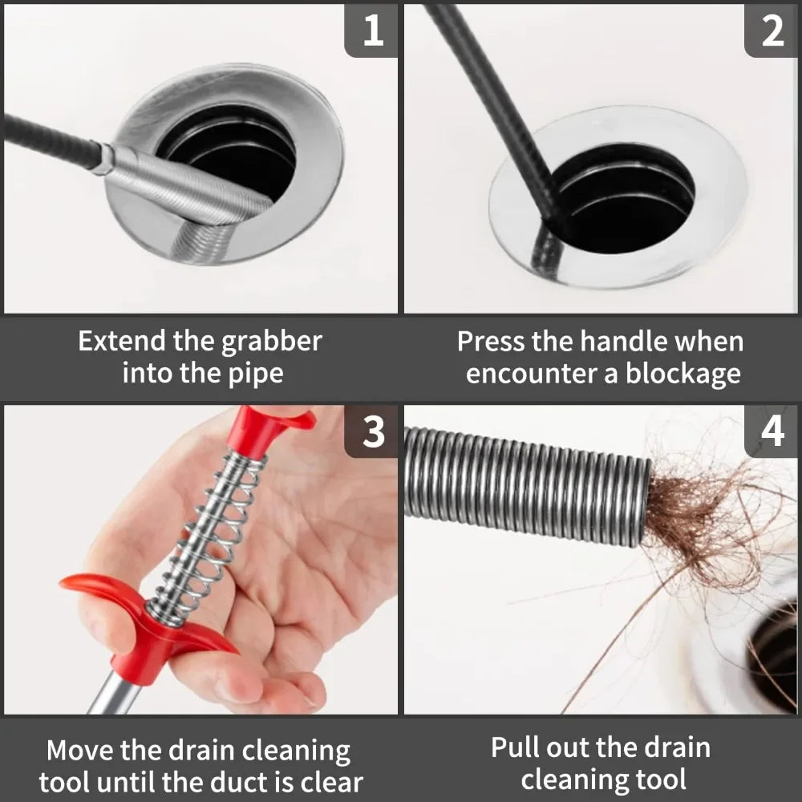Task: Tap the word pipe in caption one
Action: pyautogui.click(x=256, y=374)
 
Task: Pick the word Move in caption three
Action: pyautogui.click(x=80, y=751)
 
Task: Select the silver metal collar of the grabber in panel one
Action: pyautogui.click(x=184, y=184)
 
